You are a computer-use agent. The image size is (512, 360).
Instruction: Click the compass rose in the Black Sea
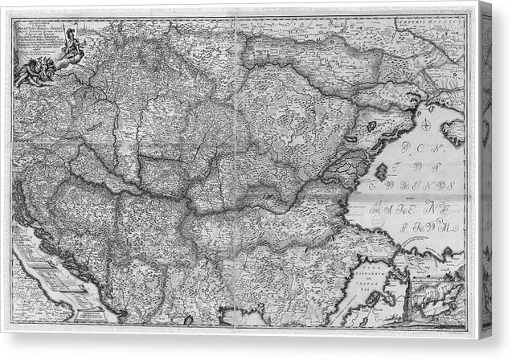tap(419, 122)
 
